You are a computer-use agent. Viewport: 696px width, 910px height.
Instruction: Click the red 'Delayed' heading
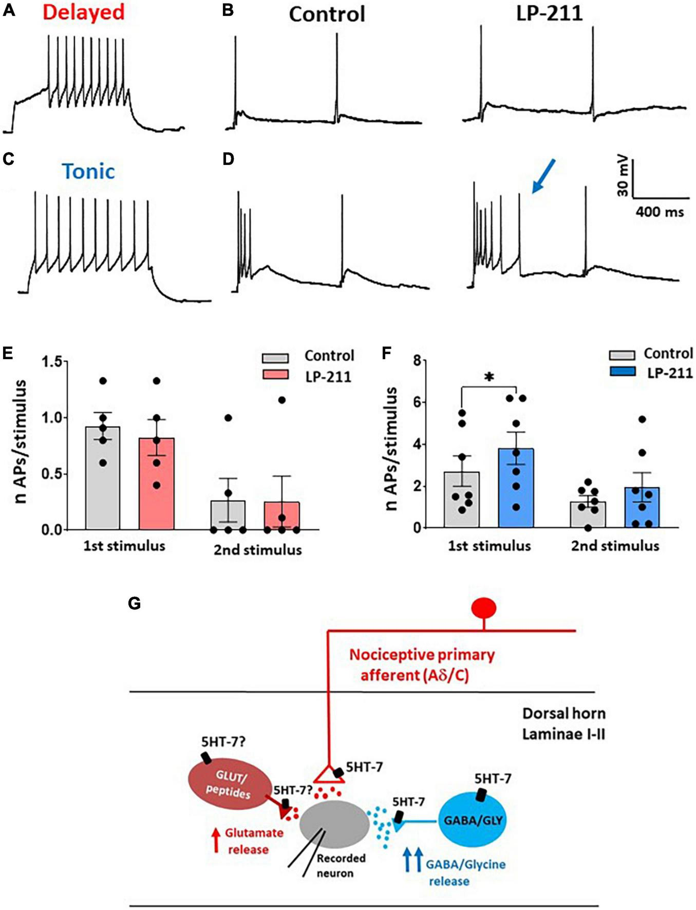[x=83, y=12]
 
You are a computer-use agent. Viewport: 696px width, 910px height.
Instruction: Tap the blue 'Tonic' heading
[x=88, y=172]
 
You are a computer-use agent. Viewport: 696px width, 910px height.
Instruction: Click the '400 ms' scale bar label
[x=660, y=212]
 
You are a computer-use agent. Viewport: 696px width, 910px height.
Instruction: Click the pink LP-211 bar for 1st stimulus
[x=156, y=483]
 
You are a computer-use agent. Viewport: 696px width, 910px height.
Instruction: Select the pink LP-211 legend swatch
[x=275, y=374]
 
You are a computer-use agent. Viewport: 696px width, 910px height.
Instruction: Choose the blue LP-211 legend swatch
[x=622, y=372]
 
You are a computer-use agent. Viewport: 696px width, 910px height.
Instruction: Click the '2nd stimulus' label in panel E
[x=257, y=550]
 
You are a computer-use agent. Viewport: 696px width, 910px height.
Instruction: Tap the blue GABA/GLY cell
[x=473, y=820]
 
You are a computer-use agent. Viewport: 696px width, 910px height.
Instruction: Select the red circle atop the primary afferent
[x=484, y=608]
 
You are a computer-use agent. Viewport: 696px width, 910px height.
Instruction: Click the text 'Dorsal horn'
[x=563, y=714]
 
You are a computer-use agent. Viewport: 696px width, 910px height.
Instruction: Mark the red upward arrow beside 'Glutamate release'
[x=216, y=841]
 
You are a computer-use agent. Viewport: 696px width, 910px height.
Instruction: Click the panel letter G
[x=134, y=603]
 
